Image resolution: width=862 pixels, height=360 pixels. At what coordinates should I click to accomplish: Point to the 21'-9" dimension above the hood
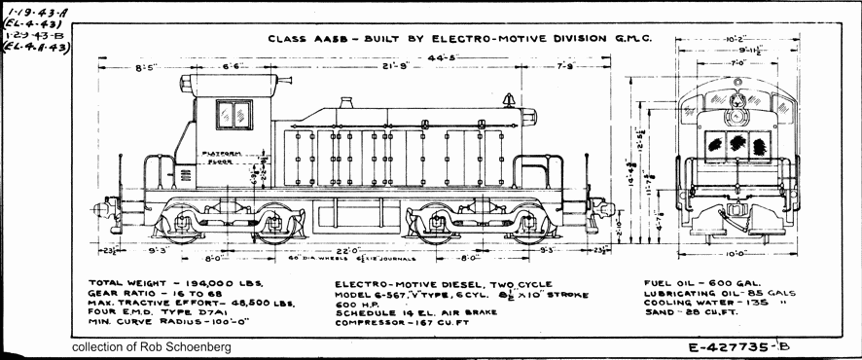[368, 66]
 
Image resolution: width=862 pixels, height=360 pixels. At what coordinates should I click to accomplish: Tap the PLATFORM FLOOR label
[222, 158]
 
